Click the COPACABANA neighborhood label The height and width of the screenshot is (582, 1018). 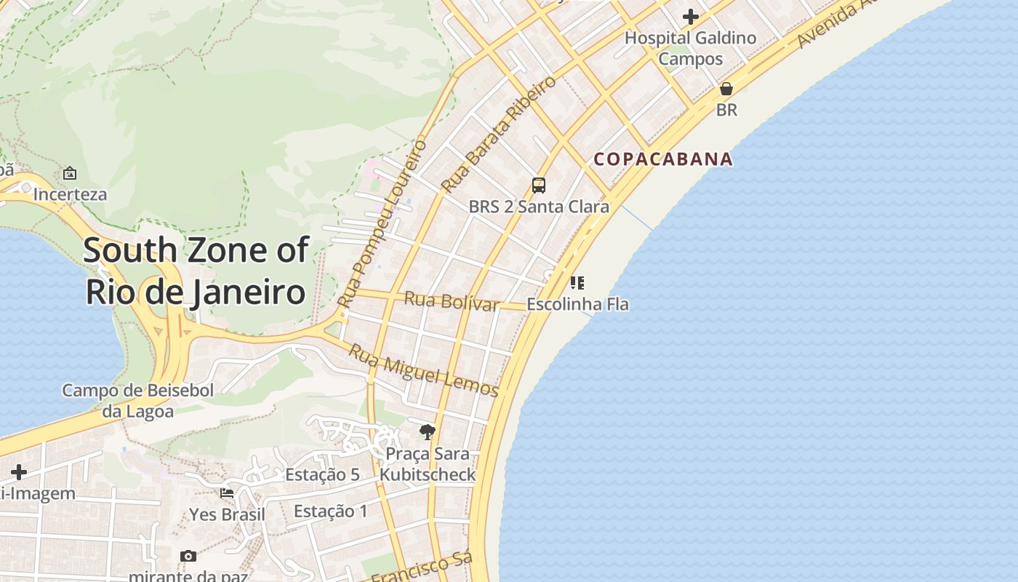[662, 159]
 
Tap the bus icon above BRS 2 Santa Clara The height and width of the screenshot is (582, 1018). [538, 186]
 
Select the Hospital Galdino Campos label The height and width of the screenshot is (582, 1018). [690, 48]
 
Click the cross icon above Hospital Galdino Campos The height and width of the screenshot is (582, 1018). [690, 16]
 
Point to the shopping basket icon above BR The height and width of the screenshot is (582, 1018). [726, 89]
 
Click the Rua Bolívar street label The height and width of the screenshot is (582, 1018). [452, 301]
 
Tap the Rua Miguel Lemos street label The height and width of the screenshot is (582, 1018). [424, 371]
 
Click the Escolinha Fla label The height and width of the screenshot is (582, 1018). [577, 304]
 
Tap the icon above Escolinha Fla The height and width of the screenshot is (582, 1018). [577, 282]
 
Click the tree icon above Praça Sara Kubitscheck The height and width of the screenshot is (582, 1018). [428, 432]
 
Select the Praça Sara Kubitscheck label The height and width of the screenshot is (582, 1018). [428, 464]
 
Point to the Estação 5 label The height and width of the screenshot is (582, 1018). [322, 474]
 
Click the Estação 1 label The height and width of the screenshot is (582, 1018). [331, 511]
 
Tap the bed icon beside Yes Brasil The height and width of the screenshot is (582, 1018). [227, 493]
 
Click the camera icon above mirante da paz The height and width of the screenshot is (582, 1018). [188, 556]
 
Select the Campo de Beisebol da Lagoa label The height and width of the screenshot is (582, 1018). [138, 401]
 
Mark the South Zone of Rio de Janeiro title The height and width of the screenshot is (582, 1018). [195, 271]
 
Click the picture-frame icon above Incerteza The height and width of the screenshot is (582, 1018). [70, 173]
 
